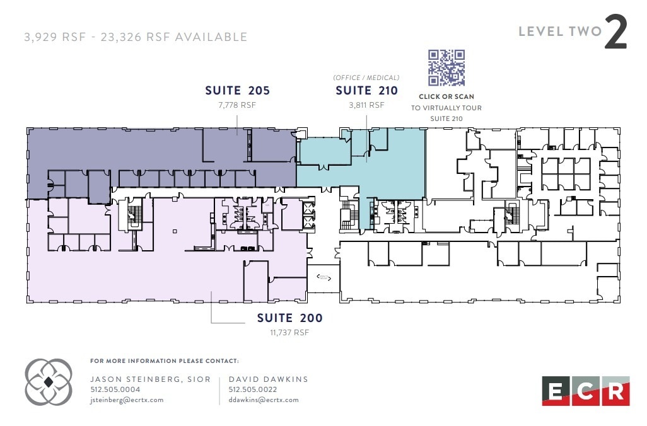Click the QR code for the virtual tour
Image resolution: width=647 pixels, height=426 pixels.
click(446, 68)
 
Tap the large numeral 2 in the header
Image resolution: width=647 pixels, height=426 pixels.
click(616, 33)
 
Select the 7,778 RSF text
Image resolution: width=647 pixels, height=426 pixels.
click(237, 105)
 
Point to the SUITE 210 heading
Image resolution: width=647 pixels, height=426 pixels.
click(366, 91)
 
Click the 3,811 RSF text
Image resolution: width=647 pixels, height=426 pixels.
click(366, 105)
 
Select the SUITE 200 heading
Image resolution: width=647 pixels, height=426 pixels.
click(289, 318)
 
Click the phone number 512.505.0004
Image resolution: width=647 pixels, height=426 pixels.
click(115, 389)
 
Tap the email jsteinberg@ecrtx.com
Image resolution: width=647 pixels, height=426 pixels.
click(127, 400)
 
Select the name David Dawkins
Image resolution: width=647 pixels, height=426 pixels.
click(268, 379)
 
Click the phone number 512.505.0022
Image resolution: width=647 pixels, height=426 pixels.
click(253, 389)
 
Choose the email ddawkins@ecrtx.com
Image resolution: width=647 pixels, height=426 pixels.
click(264, 400)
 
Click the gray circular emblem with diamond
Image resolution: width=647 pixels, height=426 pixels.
click(49, 382)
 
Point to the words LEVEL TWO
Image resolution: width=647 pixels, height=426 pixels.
click(560, 32)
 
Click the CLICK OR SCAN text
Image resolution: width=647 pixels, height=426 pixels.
click(446, 97)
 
